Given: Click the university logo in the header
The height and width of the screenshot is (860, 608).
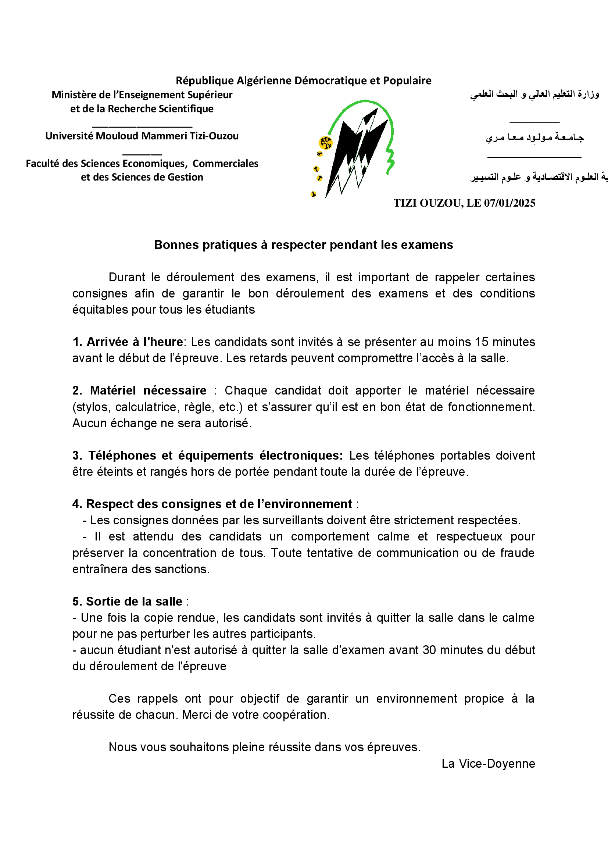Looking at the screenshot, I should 354,148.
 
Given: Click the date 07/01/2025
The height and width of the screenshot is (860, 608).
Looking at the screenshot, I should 509,203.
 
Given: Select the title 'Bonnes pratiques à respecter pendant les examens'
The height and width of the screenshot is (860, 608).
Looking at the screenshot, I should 303,245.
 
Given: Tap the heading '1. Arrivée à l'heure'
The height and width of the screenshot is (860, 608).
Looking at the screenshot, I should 128,342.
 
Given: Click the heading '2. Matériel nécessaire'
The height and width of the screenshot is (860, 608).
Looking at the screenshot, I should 139,390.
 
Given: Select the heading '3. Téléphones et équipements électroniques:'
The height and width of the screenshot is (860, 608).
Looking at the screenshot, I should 207,455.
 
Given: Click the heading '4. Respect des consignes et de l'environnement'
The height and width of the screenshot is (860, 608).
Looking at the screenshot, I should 212,504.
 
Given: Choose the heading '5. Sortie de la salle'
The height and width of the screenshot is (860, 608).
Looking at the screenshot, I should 127,601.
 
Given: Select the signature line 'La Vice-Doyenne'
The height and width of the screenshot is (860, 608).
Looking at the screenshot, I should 488,763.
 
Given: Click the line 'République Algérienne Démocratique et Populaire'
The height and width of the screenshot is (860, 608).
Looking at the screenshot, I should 303,81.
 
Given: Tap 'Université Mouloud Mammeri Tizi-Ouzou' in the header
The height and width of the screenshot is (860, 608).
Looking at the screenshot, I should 142,136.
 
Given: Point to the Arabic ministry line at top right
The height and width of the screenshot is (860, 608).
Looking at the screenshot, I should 534,94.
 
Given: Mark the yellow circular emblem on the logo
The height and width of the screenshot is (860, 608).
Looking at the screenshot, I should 326,143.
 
